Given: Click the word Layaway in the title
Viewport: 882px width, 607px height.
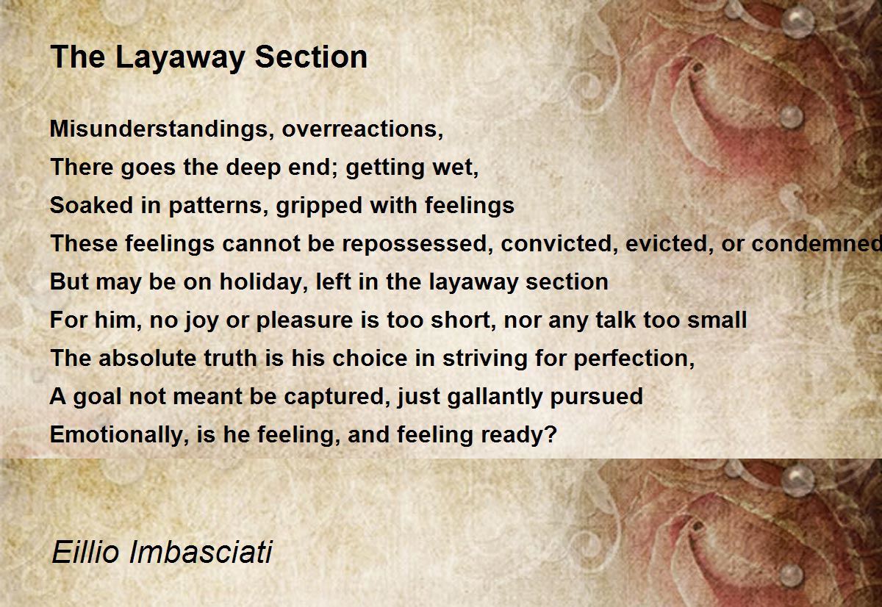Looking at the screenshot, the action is click(179, 58).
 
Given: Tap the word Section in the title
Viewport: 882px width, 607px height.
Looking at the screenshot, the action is click(311, 57).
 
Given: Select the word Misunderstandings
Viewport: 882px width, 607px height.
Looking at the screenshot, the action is click(159, 129).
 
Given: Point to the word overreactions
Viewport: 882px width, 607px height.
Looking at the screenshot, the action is click(362, 129).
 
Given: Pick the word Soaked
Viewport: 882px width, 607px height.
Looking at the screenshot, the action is click(91, 206).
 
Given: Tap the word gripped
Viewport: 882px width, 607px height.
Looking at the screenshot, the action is click(319, 206).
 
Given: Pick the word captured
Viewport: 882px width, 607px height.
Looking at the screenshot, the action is click(334, 397).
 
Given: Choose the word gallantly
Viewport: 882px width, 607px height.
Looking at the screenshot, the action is click(495, 397).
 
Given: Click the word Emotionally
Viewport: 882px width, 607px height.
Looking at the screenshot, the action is click(119, 435).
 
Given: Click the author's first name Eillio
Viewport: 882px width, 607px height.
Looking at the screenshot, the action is click(85, 551).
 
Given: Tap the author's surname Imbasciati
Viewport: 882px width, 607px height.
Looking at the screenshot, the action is click(201, 551).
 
